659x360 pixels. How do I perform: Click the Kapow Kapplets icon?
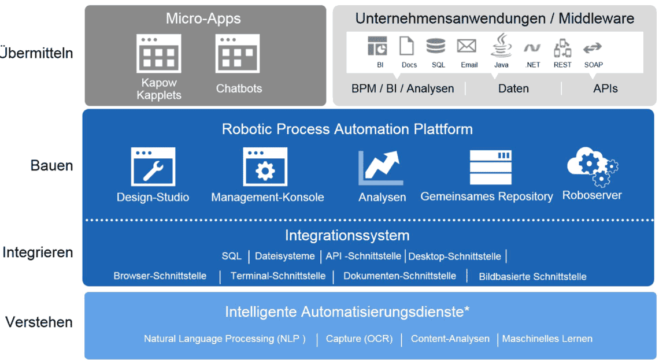pyautogui.click(x=159, y=53)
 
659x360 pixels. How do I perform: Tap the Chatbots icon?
pyautogui.click(x=238, y=53)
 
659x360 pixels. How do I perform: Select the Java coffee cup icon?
pyautogui.click(x=501, y=46)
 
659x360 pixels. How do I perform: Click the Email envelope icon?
pyautogui.click(x=467, y=46)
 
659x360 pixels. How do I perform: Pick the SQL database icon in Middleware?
pyautogui.click(x=436, y=46)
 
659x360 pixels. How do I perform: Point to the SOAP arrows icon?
pyautogui.click(x=593, y=48)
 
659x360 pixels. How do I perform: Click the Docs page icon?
pyautogui.click(x=406, y=46)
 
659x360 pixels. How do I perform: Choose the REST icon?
pyautogui.click(x=562, y=48)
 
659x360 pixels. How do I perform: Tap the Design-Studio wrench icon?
pyautogui.click(x=153, y=167)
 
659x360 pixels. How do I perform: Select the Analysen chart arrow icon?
pyautogui.click(x=381, y=168)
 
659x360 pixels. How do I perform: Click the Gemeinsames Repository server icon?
pyautogui.click(x=490, y=168)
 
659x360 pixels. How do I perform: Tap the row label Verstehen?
pyautogui.click(x=39, y=322)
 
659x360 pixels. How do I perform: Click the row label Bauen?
pyautogui.click(x=51, y=165)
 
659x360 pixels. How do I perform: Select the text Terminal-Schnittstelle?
pyautogui.click(x=278, y=276)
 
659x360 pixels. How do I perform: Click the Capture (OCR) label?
pyautogui.click(x=360, y=339)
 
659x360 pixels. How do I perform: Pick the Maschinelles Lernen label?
pyautogui.click(x=547, y=339)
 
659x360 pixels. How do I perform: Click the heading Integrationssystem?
pyautogui.click(x=347, y=235)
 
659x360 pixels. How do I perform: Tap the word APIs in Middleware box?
pyautogui.click(x=605, y=88)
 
